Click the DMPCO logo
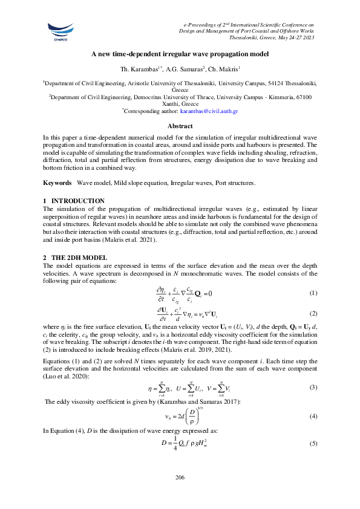click(x=59, y=28)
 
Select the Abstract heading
click(x=180, y=126)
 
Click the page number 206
click(x=180, y=478)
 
